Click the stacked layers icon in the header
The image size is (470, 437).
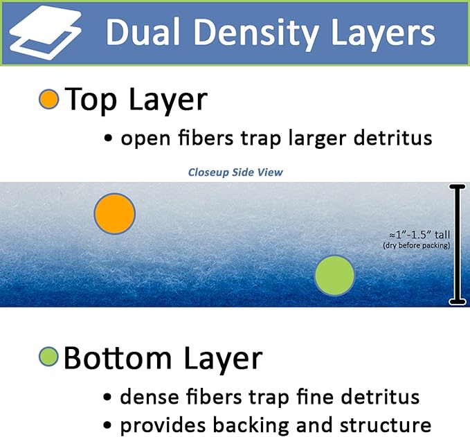[45, 33]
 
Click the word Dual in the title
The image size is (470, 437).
[143, 32]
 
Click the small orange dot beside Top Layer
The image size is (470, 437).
[48, 99]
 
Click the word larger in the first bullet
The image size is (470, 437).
[317, 139]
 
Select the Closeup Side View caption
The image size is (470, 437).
[235, 172]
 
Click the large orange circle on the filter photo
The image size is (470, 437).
[115, 213]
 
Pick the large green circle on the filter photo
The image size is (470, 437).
[334, 276]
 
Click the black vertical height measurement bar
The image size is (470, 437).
[457, 244]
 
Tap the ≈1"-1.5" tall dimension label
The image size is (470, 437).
[419, 235]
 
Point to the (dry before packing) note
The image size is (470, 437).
[417, 246]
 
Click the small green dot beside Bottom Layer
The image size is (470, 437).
[48, 357]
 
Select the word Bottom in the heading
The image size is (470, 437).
[118, 358]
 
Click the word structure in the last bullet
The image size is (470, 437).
[386, 426]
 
